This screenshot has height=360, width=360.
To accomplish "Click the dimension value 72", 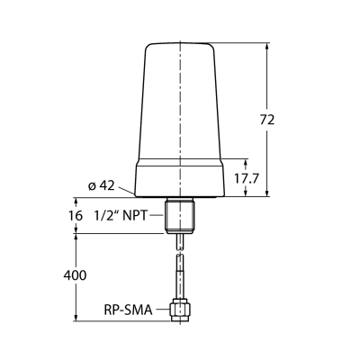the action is point(267,120).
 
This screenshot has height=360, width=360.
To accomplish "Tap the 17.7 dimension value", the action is point(247,179).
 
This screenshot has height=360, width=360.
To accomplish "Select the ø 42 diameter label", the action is point(102,186).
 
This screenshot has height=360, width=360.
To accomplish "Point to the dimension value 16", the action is point(76,215).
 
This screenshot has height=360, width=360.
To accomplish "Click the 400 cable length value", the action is point(75,275).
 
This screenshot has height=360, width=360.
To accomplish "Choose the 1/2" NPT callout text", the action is point(121,215).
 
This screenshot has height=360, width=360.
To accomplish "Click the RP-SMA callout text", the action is point(129,310).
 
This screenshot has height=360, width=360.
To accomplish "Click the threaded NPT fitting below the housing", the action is point(180,215).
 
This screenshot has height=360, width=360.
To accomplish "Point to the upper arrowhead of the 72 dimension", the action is point(267,46).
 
